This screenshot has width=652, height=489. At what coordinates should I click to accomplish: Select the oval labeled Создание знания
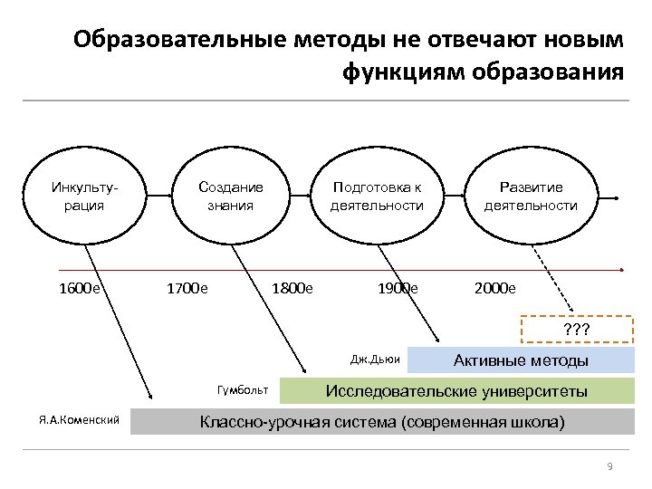pos(230,197)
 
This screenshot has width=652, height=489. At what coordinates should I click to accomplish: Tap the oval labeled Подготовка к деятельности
pos(377,197)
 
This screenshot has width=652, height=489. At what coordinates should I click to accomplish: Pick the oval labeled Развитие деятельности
pos(530,197)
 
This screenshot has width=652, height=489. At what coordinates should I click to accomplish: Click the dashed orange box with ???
pos(577,329)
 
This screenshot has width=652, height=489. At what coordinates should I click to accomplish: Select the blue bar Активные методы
pos(521,360)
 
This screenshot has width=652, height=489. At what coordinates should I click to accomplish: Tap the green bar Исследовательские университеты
pos(456,391)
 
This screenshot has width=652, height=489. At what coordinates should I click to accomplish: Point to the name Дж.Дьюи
pos(375,360)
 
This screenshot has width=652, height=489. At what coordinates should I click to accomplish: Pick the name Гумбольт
pos(243,390)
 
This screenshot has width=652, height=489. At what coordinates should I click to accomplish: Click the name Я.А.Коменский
pos(79,421)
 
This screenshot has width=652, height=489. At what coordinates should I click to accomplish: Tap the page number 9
pos(609,466)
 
